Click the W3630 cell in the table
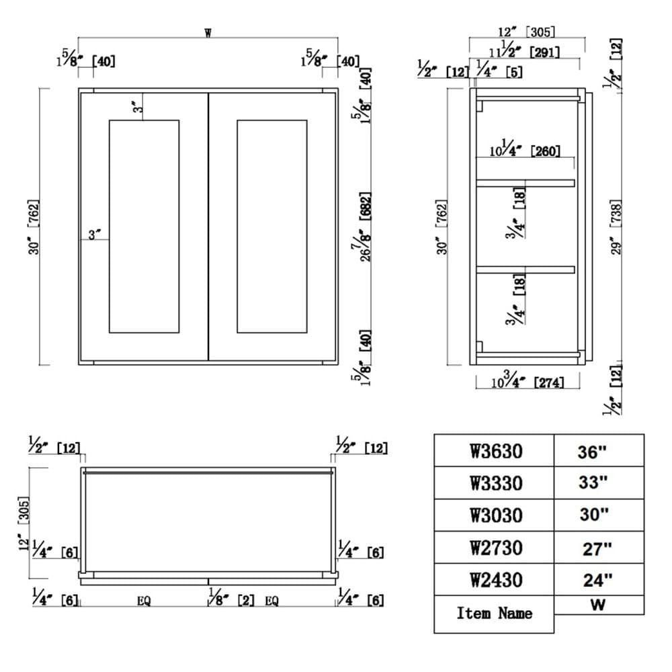(x=495, y=451)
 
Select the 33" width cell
(x=593, y=482)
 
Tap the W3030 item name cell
(x=495, y=515)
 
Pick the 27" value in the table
(x=596, y=548)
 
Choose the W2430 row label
(x=495, y=579)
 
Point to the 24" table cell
(x=596, y=579)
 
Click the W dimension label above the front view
(x=208, y=33)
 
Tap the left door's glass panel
(x=144, y=226)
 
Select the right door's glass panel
(x=272, y=226)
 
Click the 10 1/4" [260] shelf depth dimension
(x=525, y=151)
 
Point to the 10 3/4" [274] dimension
(x=528, y=382)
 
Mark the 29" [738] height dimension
(x=617, y=226)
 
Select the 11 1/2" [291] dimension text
(x=524, y=50)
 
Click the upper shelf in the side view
(x=526, y=183)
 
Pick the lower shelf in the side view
(x=526, y=269)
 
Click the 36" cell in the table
(x=592, y=451)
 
